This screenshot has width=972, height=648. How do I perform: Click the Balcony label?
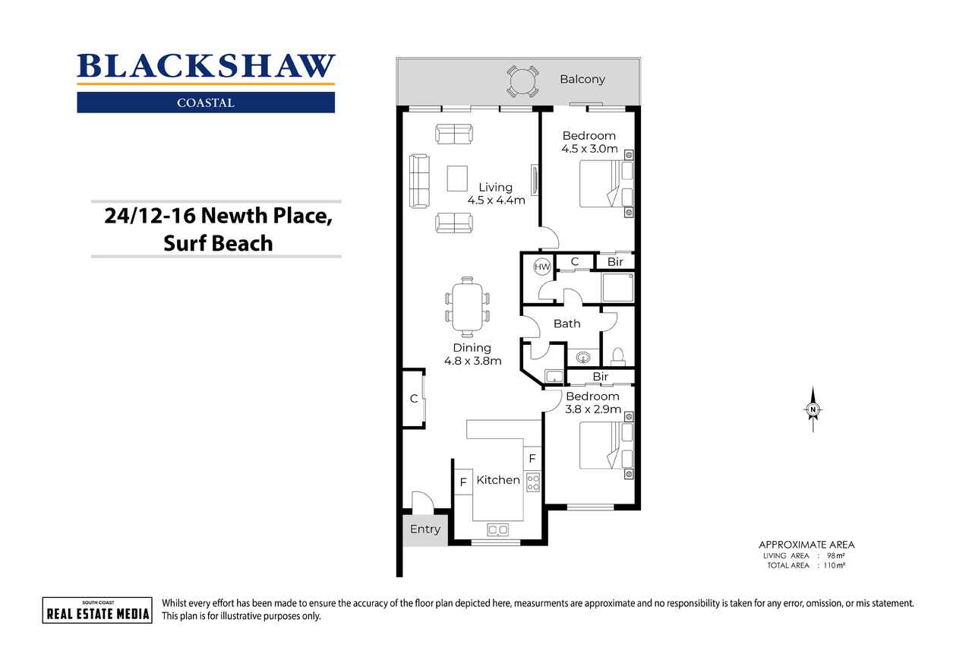[582, 80]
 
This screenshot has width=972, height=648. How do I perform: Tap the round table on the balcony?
[523, 81]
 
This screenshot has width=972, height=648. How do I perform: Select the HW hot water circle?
[542, 267]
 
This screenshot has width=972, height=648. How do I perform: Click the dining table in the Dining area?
[467, 308]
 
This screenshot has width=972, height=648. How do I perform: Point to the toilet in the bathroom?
[618, 356]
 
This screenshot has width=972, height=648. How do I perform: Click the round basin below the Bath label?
[584, 358]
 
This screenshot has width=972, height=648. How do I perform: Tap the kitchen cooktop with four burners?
[533, 482]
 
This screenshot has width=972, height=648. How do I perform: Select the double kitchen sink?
[497, 529]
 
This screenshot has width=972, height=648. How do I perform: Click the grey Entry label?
[425, 529]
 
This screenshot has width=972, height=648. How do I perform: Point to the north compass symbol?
[813, 409]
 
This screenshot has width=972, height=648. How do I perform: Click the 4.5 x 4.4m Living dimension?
[496, 201]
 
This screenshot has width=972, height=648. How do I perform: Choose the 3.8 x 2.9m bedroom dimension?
[593, 409]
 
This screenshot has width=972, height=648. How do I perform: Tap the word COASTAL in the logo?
[206, 103]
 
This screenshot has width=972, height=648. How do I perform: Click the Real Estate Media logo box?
[97, 610]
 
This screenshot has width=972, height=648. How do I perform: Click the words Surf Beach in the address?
[218, 243]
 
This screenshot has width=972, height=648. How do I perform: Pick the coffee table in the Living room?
[457, 179]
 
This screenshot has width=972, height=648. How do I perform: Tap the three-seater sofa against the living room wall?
[420, 181]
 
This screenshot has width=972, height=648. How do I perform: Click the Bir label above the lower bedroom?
[601, 377]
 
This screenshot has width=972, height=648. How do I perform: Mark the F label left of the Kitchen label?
[463, 482]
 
